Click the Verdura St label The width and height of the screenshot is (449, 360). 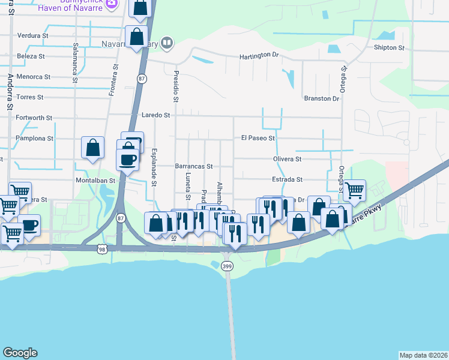tap(33, 36)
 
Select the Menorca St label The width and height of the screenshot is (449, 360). tap(34, 77)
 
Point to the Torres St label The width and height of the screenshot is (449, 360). tap(31, 97)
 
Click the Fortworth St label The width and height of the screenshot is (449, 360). tap(34, 118)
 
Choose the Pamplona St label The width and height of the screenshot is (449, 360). tap(34, 138)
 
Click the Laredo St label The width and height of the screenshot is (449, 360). tap(156, 115)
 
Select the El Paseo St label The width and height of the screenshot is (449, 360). tap(258, 138)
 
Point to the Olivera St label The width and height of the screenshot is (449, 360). tap(289, 159)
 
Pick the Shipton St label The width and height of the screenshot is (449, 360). tap(385, 47)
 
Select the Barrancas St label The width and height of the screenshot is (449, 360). tap(194, 166)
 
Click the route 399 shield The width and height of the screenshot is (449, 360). tap(228, 266)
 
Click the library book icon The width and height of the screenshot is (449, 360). tap(167, 43)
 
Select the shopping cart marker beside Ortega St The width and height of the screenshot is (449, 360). tap(355, 191)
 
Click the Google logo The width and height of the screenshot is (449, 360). tap(20, 353)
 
